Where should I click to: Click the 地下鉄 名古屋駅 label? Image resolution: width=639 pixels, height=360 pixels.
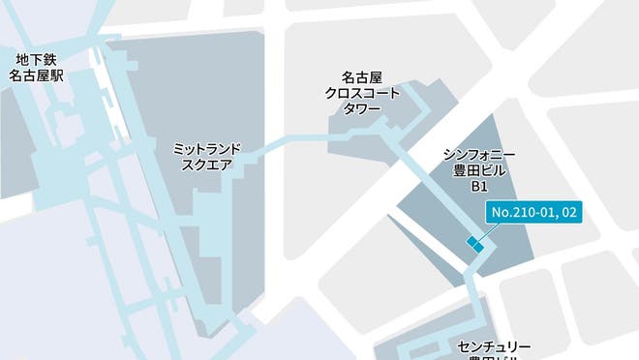pos(37,65)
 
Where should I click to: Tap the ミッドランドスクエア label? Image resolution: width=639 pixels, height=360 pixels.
pos(205,157)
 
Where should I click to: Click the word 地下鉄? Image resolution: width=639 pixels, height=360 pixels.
pos(37,57)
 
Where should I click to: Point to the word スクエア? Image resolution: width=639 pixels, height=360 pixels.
pos(205,165)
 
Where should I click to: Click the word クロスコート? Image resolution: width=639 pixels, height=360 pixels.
pos(362,91)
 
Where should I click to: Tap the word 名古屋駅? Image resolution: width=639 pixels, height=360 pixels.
pos(37,73)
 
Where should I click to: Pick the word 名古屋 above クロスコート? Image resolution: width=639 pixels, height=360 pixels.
pos(362,75)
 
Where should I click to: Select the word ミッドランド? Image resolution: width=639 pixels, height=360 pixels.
pos(205,149)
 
